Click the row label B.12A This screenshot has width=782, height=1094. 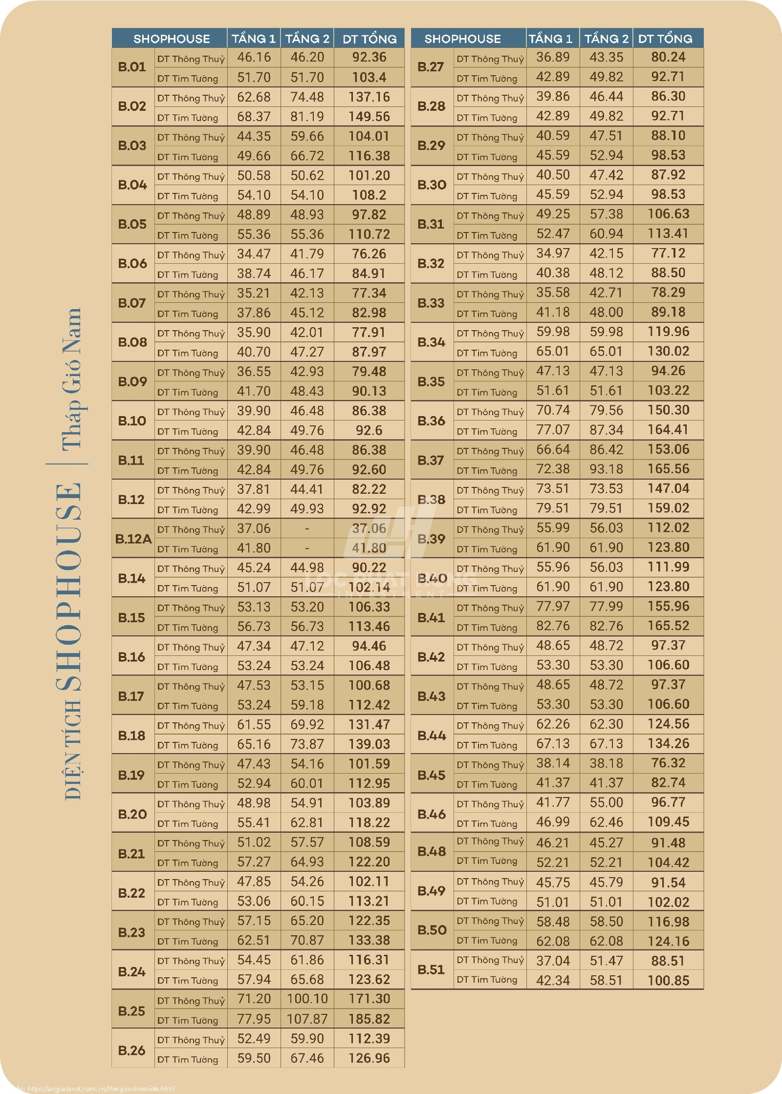pos(133,538)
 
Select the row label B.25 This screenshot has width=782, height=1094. pos(132,1010)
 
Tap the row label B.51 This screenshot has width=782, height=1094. pos(431,969)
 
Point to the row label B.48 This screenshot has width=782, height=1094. pos(432,851)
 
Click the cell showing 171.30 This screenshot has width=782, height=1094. pos(369,999)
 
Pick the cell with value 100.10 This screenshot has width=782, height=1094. pos(307,999)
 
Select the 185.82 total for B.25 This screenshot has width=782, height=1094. pos(369,1019)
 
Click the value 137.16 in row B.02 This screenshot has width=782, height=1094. pos(369,97)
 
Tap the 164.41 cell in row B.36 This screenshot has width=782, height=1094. pos(668,430)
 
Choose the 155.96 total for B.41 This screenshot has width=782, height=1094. pos(668,606)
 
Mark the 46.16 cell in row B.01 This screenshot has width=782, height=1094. pos(254,57)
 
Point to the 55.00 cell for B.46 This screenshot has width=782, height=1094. pos(606,802)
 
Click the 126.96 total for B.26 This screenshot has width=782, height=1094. pos(369,1058)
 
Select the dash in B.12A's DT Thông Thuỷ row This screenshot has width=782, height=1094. pos(307,528)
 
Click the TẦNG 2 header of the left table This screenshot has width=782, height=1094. pos(307,39)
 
